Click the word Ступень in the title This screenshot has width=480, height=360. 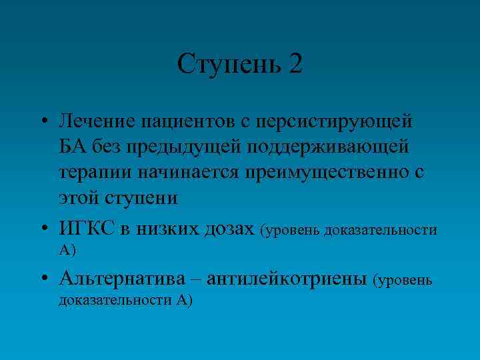[x=229, y=65]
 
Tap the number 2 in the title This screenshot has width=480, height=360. [x=295, y=64]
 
